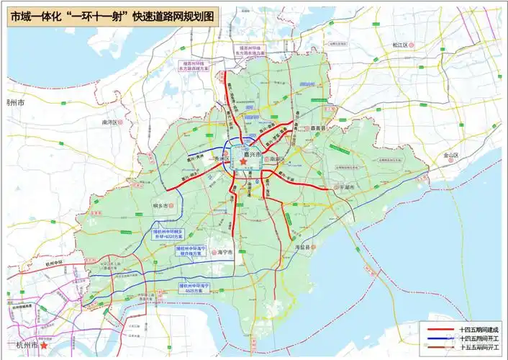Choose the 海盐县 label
[305, 247]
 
